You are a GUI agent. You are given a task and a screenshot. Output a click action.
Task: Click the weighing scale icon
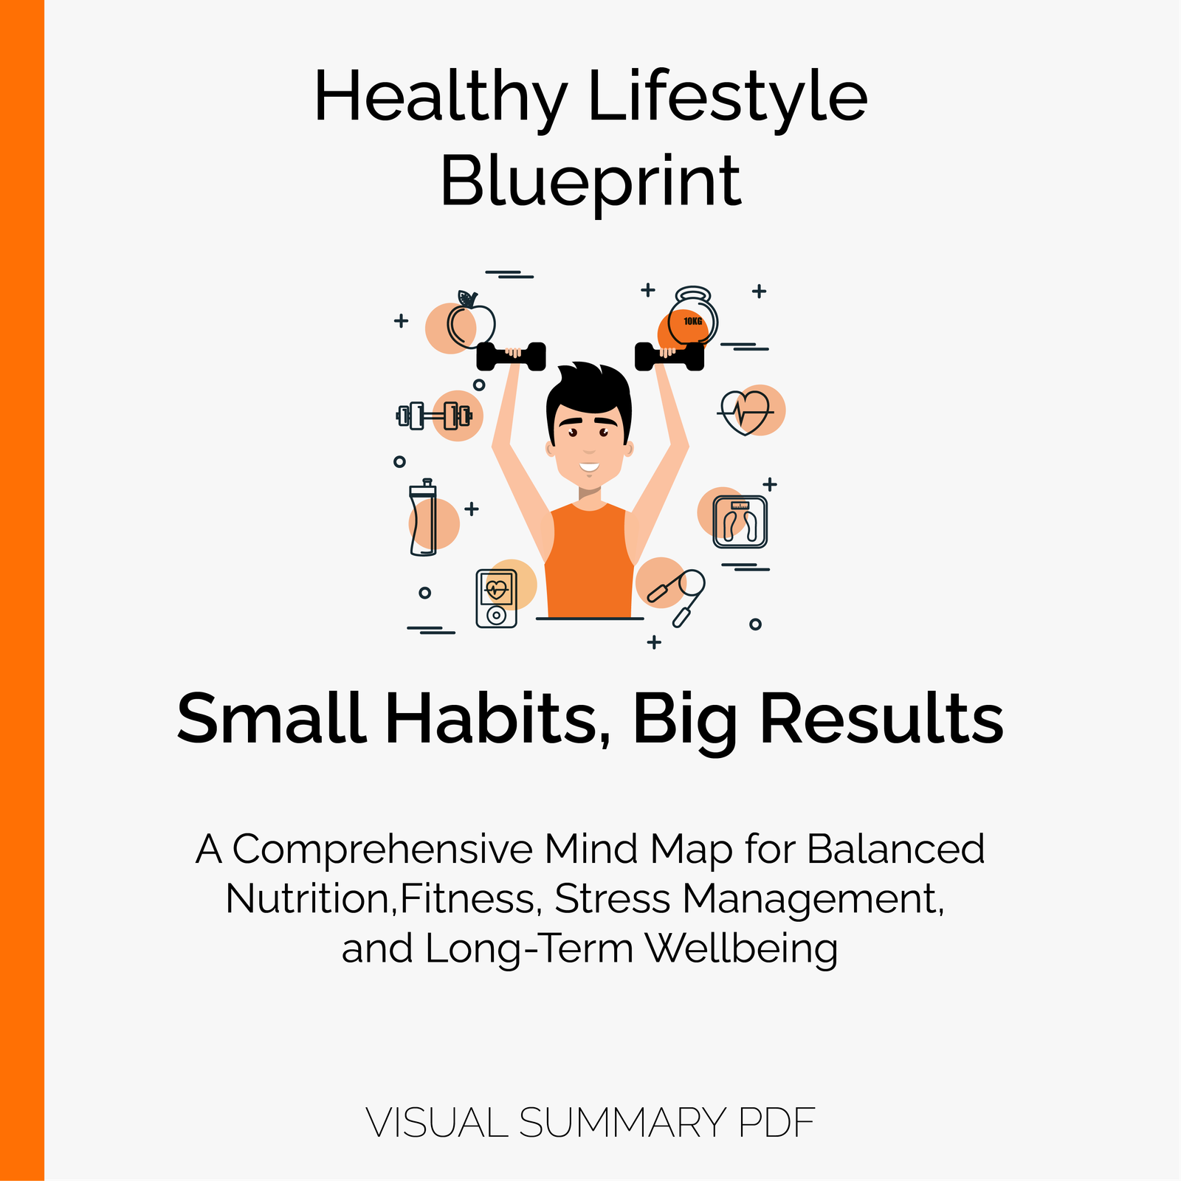pyautogui.click(x=740, y=522)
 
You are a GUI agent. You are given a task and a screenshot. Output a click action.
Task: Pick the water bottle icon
pyautogui.click(x=423, y=517)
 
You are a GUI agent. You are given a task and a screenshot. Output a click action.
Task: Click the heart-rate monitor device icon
pyautogui.click(x=496, y=599)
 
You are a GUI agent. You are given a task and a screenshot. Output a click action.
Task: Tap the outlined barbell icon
pyautogui.click(x=434, y=416)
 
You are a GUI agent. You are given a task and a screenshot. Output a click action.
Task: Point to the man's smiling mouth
pyautogui.click(x=589, y=466)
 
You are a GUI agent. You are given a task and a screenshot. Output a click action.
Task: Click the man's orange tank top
pyautogui.click(x=589, y=561)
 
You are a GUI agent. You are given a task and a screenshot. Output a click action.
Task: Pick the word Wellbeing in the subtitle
pyautogui.click(x=742, y=949)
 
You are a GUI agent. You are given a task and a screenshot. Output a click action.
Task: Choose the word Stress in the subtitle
pyautogui.click(x=613, y=900)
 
